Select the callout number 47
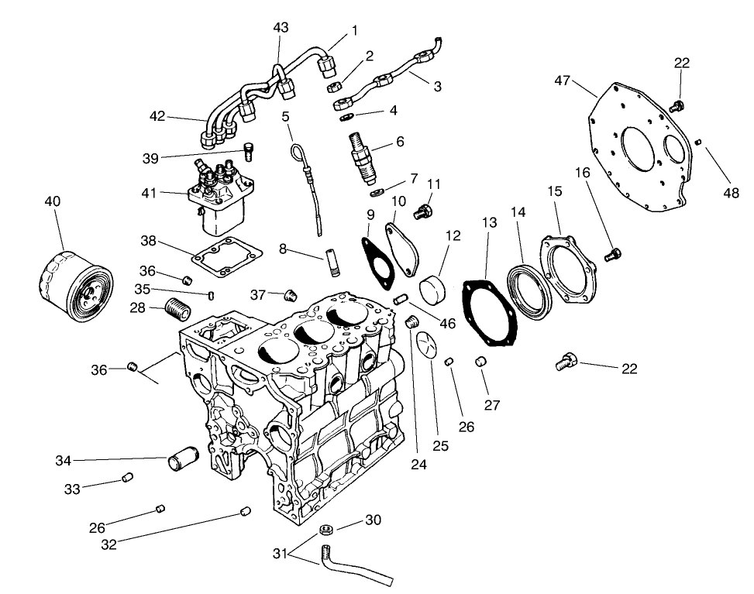point(563,81)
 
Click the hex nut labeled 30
point(327,530)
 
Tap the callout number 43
point(281,27)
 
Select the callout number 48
point(731,194)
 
